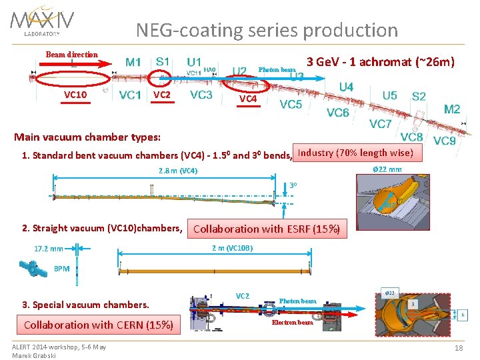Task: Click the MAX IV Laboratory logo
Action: tap(42, 21)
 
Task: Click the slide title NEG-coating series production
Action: tap(267, 30)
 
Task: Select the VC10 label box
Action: tap(75, 95)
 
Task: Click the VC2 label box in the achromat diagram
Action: tap(162, 95)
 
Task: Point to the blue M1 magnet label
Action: tap(133, 62)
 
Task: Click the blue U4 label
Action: tap(346, 87)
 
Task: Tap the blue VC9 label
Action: tap(444, 141)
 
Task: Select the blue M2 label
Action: tap(451, 109)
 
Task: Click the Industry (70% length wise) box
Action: tap(356, 153)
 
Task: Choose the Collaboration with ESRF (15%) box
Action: tap(267, 229)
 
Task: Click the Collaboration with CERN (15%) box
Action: tap(99, 325)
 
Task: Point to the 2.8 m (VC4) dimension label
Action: tap(178, 171)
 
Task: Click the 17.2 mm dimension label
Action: tap(49, 249)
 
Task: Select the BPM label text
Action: tap(61, 269)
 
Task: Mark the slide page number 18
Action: tap(458, 349)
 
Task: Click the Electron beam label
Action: tap(292, 323)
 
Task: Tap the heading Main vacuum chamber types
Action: tap(87, 137)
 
